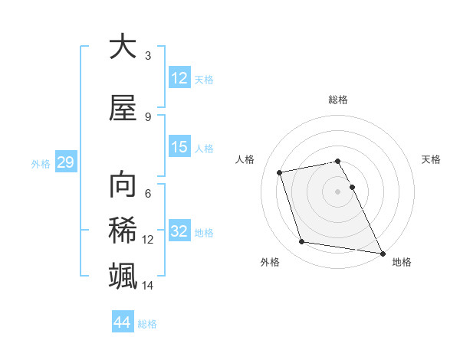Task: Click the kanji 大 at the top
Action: click(x=123, y=47)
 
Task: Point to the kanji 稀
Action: click(x=123, y=231)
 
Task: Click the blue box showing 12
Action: click(x=179, y=78)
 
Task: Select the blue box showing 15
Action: click(x=179, y=147)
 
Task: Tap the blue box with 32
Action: click(x=179, y=231)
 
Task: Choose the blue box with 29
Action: click(x=64, y=162)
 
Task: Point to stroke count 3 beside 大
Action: click(x=148, y=56)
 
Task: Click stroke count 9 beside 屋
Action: click(x=148, y=116)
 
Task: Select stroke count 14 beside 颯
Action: click(x=148, y=286)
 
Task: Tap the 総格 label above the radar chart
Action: click(x=338, y=100)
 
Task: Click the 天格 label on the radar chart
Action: click(x=431, y=159)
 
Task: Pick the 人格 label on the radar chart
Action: click(x=245, y=159)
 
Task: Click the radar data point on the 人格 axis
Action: click(x=280, y=172)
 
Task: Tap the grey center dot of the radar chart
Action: click(x=338, y=191)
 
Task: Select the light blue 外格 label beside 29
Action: click(x=41, y=163)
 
